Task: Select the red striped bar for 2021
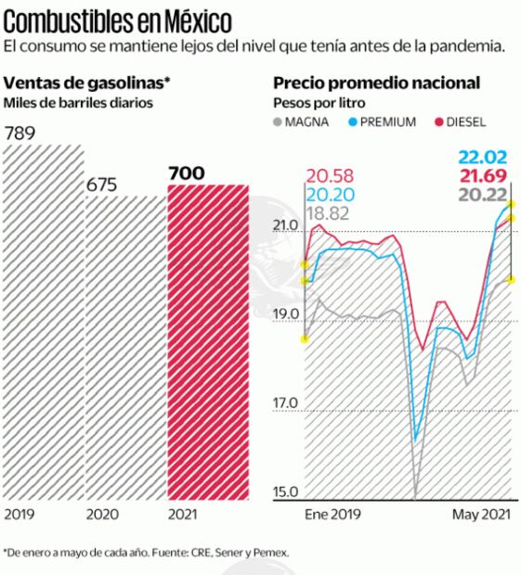click(x=208, y=343)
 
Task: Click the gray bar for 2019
click(x=40, y=325)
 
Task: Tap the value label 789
click(x=21, y=135)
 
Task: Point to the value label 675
click(x=102, y=185)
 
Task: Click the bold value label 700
click(x=187, y=172)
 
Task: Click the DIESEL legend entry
click(x=465, y=121)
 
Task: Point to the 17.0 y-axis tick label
click(x=284, y=403)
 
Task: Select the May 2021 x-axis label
click(x=479, y=514)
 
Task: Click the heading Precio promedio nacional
click(x=375, y=83)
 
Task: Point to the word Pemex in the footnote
click(x=270, y=552)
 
